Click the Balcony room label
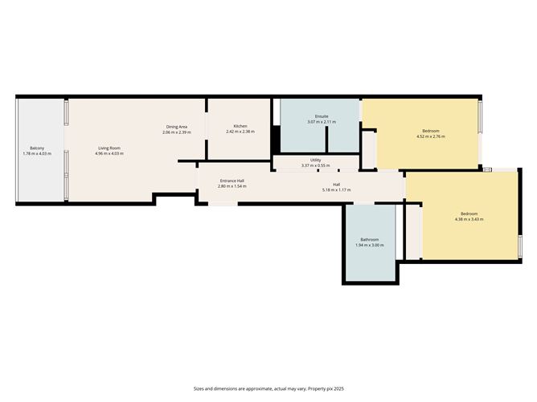point(37,148)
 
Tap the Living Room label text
point(109,148)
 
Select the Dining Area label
point(177,127)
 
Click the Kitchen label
point(240,127)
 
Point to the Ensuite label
point(322,117)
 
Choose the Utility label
point(316,160)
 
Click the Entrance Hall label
point(232,181)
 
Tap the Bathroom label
point(370,240)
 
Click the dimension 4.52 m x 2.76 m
point(430,136)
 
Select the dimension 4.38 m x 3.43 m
point(469,219)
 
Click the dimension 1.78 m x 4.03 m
point(37,153)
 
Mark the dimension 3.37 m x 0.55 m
point(316,165)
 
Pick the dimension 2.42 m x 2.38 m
point(240,132)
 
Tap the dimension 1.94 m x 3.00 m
point(370,245)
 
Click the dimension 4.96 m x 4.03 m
point(109,153)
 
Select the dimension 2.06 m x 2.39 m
point(177,132)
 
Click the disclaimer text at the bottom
point(268,388)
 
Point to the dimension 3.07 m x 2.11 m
point(322,122)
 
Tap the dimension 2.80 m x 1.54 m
point(232,186)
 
